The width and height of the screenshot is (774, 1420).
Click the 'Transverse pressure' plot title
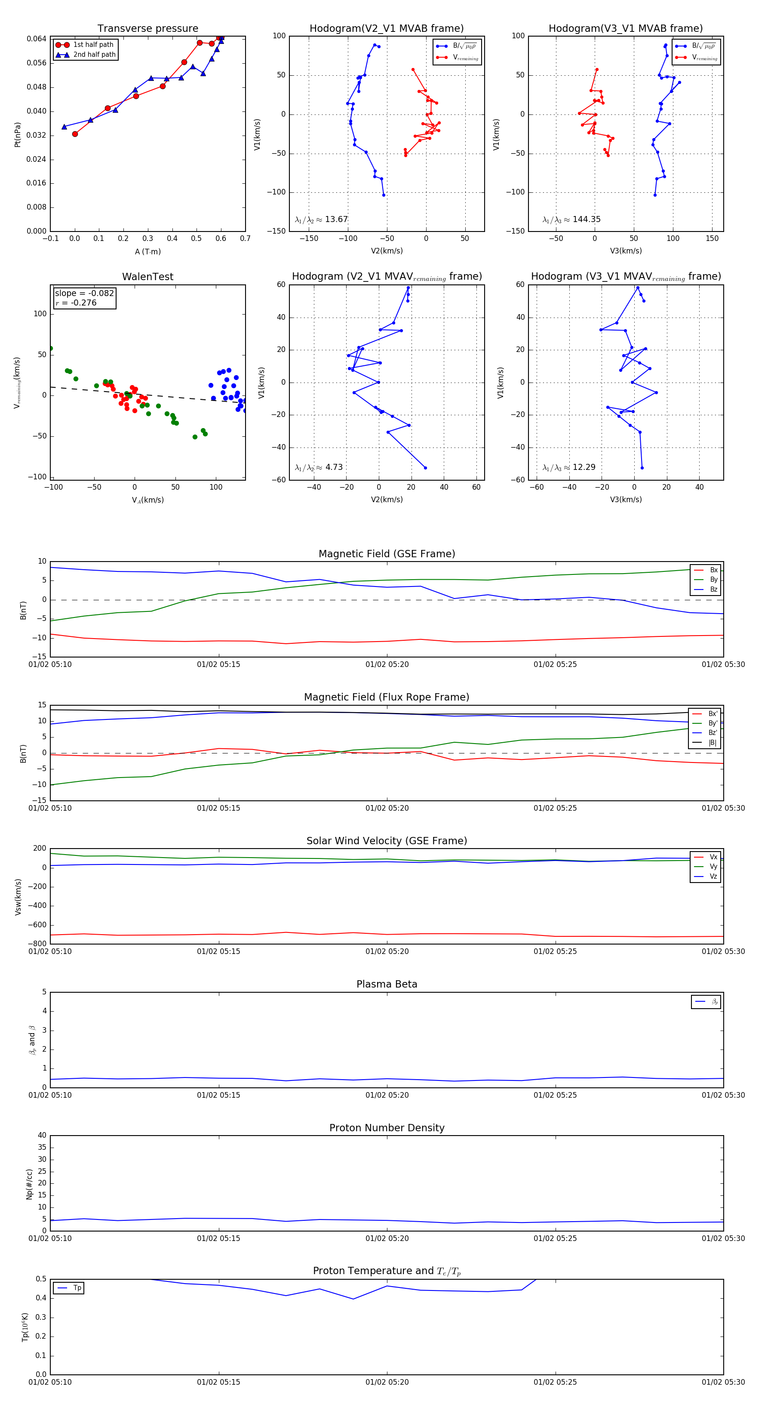click(x=147, y=29)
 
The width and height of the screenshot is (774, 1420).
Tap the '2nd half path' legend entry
click(x=94, y=55)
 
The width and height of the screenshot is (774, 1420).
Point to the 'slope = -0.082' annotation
click(x=84, y=293)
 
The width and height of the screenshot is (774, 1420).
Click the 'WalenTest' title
click(x=147, y=277)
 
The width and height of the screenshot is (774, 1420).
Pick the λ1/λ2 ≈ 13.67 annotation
click(x=321, y=219)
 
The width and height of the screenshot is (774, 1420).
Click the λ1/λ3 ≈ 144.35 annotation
click(x=571, y=219)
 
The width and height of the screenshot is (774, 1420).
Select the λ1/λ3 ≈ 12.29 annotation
click(x=568, y=467)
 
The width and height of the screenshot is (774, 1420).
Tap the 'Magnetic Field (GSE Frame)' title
click(x=387, y=554)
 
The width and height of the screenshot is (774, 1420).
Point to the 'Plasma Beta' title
click(x=387, y=985)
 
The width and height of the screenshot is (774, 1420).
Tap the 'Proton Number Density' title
click(x=387, y=1128)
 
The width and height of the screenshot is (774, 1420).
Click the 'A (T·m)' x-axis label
click(x=147, y=252)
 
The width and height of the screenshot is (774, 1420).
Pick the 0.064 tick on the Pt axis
click(x=37, y=39)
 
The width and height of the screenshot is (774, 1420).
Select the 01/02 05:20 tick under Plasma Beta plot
click(x=387, y=1095)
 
